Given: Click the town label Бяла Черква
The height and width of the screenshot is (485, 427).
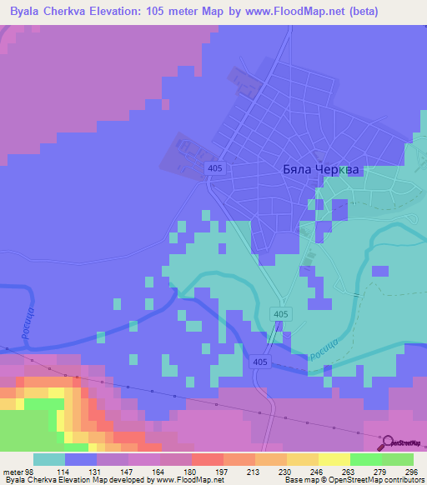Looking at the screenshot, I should tap(319, 169).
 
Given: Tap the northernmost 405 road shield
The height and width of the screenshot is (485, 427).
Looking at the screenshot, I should tap(214, 169).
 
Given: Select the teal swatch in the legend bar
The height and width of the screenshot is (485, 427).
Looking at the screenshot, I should tap(49, 459).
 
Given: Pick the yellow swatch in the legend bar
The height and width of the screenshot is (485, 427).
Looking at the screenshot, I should tap(334, 459).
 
